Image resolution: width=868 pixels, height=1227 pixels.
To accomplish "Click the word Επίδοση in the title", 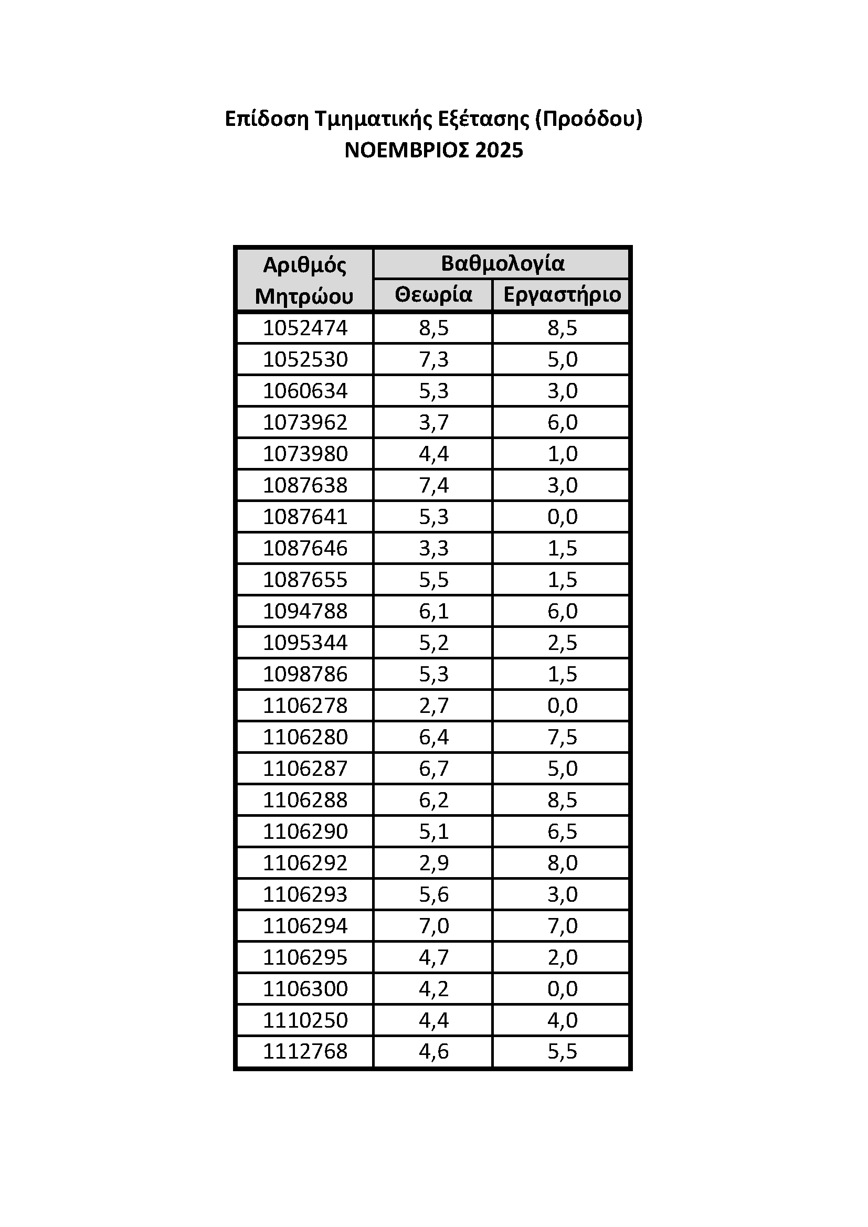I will pos(267,119).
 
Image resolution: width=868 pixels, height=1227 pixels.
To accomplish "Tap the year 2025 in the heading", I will pos(499,151).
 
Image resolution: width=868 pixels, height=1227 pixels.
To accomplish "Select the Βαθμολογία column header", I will pos(502,263).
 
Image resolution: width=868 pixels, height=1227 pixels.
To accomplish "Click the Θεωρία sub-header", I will pos(433,295).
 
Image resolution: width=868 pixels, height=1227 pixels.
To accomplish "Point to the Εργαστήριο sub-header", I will pos(562,295).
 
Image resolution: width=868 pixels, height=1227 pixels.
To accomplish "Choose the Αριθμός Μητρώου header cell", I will pos(305,280).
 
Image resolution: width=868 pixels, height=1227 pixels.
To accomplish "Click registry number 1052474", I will pos(305,327).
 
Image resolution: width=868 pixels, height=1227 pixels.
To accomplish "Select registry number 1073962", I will pos(305,422).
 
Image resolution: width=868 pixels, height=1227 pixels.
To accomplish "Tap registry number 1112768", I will pos(305,1051).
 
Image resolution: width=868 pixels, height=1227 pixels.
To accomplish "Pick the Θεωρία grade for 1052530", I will pos(433,359).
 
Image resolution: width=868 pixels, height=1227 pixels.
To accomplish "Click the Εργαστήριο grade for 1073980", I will pos(562,454).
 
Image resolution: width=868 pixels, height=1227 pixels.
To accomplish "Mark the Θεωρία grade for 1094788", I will pos(433,611).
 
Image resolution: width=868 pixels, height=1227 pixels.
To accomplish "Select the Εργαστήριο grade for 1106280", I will pos(562,737).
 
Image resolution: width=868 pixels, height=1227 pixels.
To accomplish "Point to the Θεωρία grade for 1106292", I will pos(433,862).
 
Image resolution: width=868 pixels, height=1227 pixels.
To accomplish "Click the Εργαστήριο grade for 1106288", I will pos(562,800).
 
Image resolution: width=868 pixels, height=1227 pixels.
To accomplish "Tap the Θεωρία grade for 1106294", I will pos(433,925).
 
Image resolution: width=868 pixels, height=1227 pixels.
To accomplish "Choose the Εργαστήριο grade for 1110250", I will pos(562,1020).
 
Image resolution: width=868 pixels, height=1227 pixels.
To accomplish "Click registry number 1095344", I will pos(305,643).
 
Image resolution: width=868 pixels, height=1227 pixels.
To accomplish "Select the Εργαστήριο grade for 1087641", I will pos(562,517).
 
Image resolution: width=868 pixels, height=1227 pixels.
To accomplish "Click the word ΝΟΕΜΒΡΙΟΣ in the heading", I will pos(406,151).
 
